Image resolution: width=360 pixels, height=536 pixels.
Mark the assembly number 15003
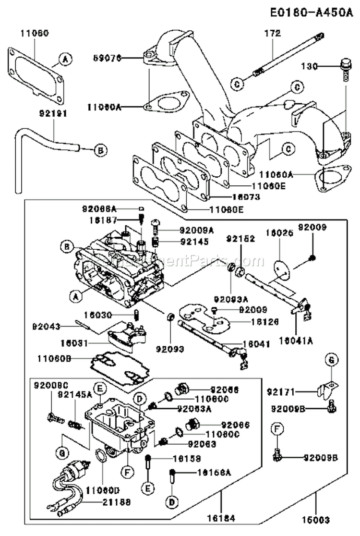point(316,519)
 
